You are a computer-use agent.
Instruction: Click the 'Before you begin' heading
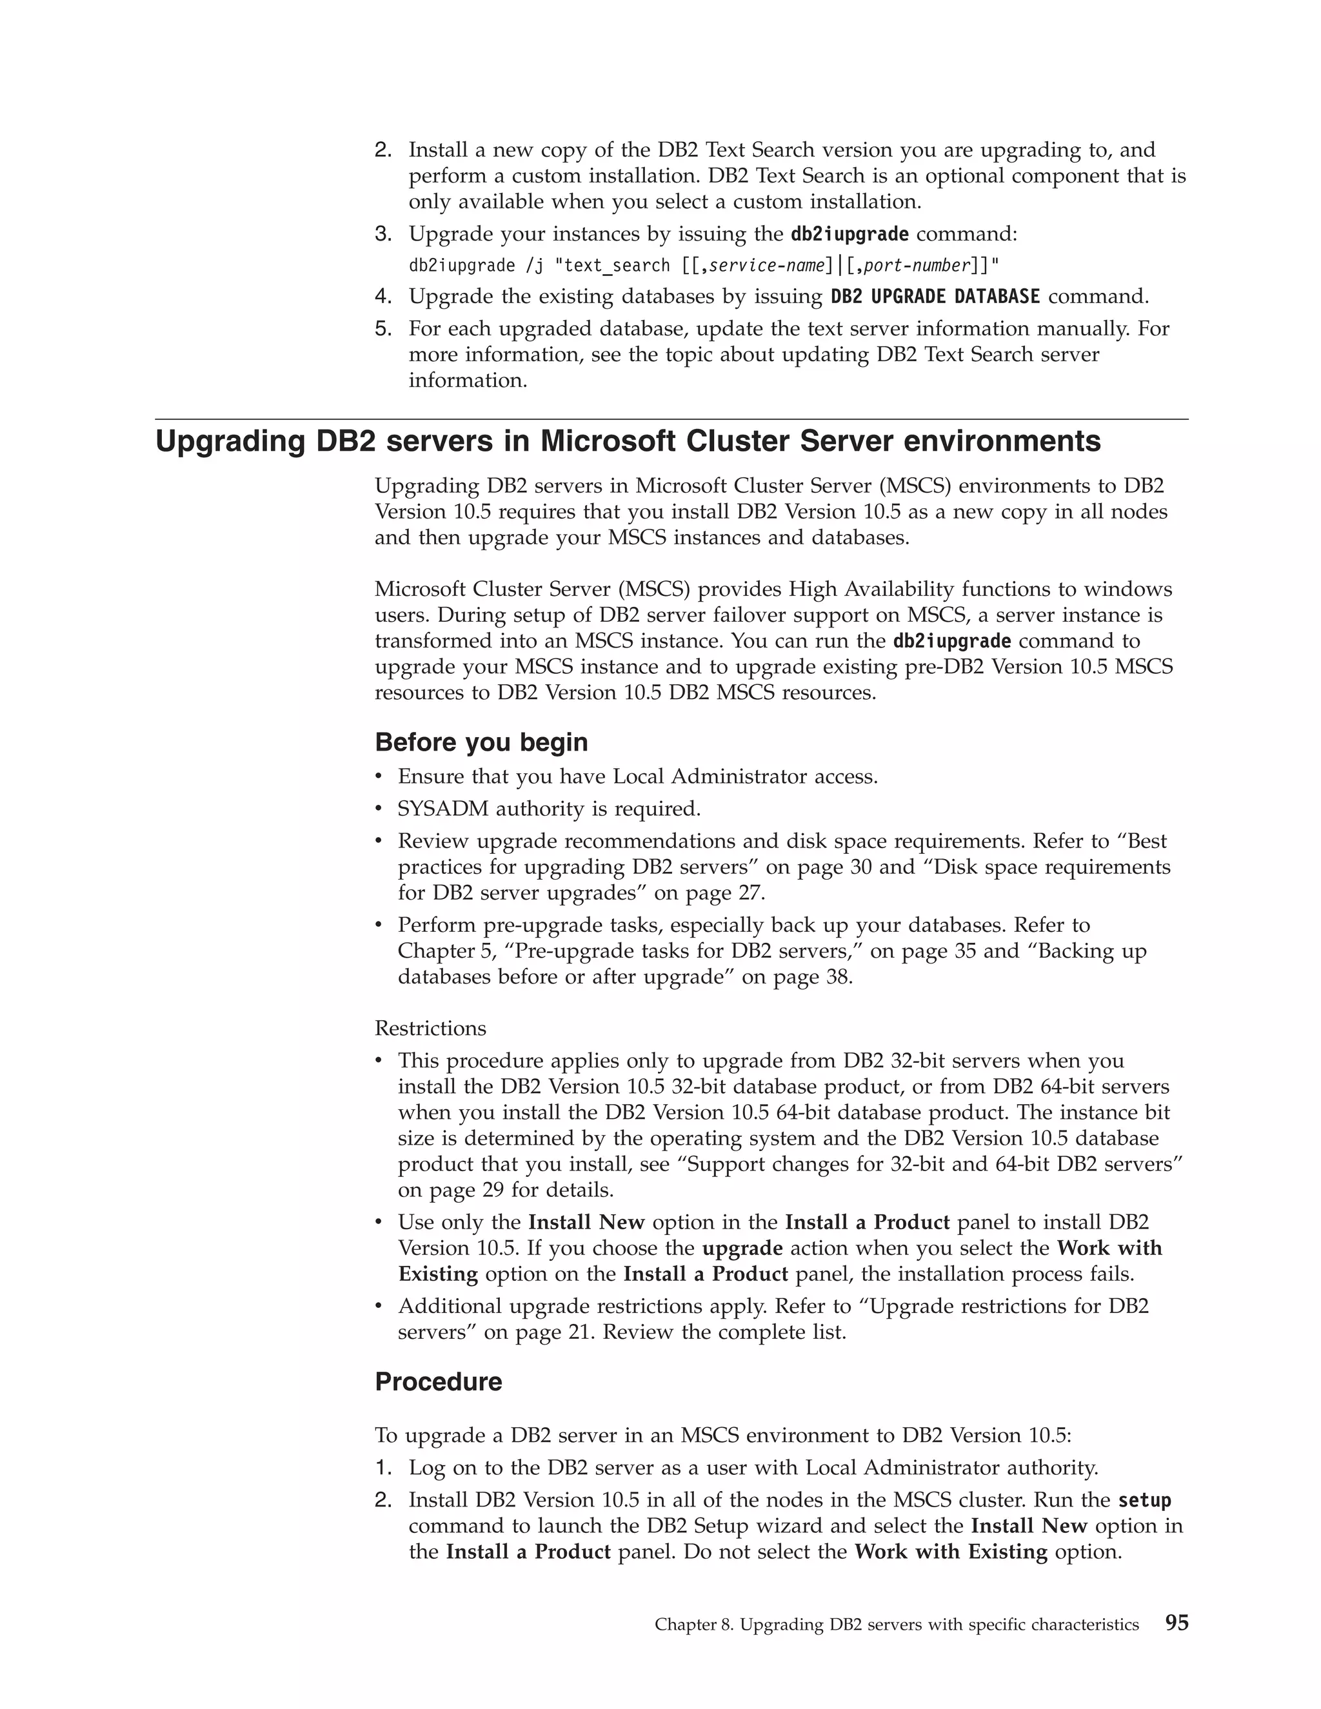tap(481, 742)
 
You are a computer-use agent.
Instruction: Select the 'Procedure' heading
tap(438, 1381)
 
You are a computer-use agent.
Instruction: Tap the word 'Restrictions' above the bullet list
tap(430, 1027)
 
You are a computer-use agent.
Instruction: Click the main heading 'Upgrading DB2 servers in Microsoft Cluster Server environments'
tap(628, 441)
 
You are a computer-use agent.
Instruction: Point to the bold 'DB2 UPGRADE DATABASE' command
tap(935, 297)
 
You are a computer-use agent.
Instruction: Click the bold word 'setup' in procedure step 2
tap(1144, 1500)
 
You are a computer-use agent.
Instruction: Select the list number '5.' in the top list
tap(382, 329)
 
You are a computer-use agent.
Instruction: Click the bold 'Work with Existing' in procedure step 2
tap(950, 1551)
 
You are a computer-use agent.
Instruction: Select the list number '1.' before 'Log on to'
tap(382, 1468)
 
